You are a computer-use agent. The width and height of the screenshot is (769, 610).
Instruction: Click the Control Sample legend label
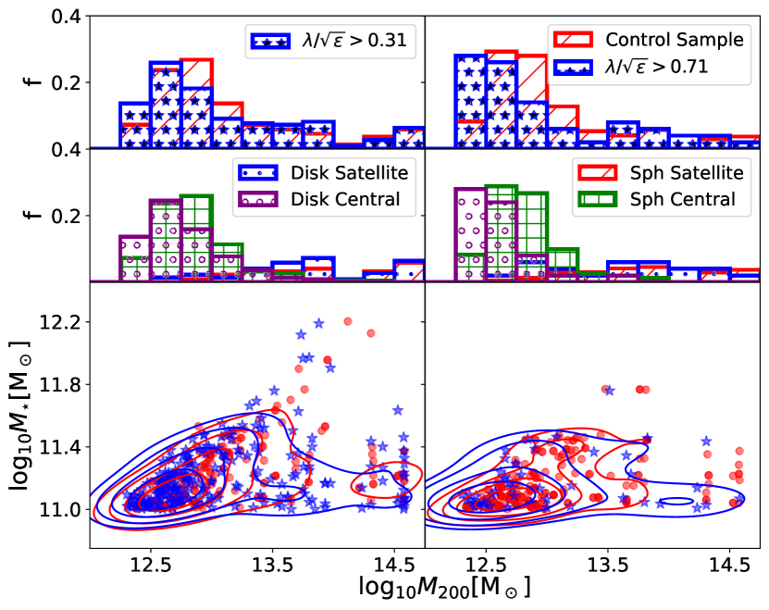click(x=674, y=40)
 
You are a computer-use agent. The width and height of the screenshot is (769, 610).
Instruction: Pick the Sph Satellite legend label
click(x=674, y=173)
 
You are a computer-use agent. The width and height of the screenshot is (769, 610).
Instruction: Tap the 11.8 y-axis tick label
click(x=61, y=384)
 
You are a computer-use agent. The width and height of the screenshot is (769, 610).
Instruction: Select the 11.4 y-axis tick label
click(x=61, y=447)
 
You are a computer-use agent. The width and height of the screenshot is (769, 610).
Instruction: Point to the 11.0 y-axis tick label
click(x=61, y=509)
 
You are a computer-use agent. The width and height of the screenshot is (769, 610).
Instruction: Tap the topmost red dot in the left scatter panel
click(x=348, y=321)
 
